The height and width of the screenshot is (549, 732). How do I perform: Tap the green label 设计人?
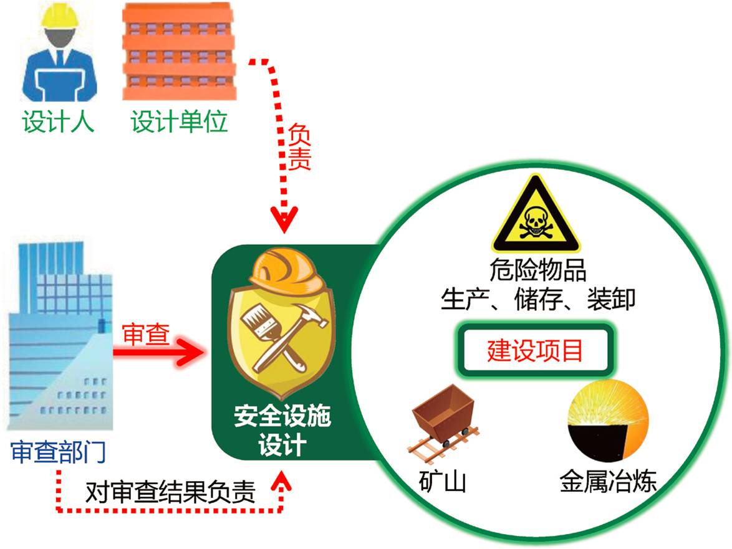59,121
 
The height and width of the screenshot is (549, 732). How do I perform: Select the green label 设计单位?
180,121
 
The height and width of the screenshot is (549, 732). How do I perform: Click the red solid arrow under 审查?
160,353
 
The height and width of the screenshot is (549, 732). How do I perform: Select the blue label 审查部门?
59,452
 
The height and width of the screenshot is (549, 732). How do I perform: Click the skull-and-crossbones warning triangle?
536,216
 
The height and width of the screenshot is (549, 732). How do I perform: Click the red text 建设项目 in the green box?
536,350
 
